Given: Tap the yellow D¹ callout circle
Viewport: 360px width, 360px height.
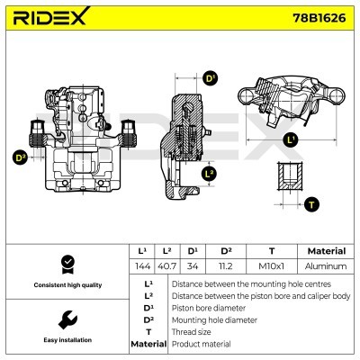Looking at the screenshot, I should point(211,78).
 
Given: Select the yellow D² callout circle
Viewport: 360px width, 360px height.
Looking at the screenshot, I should point(20,157).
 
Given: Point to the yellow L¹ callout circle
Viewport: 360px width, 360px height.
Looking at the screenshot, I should point(290,139).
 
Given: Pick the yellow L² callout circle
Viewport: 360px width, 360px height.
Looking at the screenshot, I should point(210,173).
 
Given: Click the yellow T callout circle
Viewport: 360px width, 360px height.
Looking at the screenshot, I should point(312,204).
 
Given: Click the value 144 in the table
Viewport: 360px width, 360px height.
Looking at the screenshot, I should point(141,266).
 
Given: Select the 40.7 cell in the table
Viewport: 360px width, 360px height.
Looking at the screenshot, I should point(166,266).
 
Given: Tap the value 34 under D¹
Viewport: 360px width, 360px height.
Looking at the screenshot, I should point(192,266).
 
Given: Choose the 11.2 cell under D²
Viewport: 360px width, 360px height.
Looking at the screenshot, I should point(226,266).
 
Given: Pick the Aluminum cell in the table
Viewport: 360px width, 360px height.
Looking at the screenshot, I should point(325,266).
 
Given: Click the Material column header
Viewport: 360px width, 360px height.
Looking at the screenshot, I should point(325,251).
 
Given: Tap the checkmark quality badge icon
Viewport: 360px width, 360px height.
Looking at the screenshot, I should point(66,264).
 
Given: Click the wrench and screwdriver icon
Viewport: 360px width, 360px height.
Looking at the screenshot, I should point(66,319).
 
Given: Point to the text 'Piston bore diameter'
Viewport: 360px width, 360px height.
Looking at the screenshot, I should point(208,307).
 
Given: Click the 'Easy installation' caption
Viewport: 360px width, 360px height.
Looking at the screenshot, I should point(66,340).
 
